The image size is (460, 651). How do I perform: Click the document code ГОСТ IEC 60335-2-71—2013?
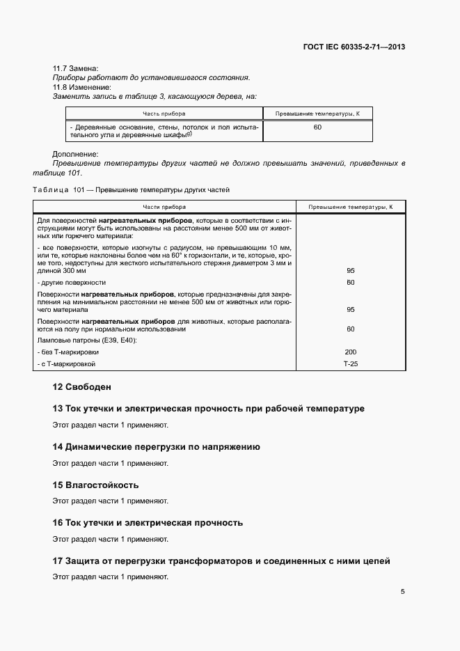(354, 47)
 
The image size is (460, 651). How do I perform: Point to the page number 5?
(403, 592)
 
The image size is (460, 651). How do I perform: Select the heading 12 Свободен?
(82, 386)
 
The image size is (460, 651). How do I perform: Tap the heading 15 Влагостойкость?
(96, 485)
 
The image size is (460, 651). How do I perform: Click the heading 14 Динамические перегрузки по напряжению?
(157, 447)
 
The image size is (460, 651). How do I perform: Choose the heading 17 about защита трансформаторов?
(221, 560)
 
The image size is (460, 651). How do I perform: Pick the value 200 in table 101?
(350, 352)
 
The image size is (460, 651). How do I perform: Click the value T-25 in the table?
(350, 364)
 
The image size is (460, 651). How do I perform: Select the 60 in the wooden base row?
(317, 127)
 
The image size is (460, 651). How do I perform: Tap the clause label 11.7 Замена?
(75, 68)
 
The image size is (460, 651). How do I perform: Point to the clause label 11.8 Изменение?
(81, 87)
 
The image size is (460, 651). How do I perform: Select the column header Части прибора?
(164, 207)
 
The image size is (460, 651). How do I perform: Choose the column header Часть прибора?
(164, 113)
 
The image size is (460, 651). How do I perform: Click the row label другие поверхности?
(72, 283)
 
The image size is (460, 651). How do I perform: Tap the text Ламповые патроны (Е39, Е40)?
(87, 340)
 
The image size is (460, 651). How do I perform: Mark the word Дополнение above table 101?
(75, 154)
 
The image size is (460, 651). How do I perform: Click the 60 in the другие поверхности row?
(350, 283)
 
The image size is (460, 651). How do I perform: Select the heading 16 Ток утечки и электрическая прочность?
(148, 522)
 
